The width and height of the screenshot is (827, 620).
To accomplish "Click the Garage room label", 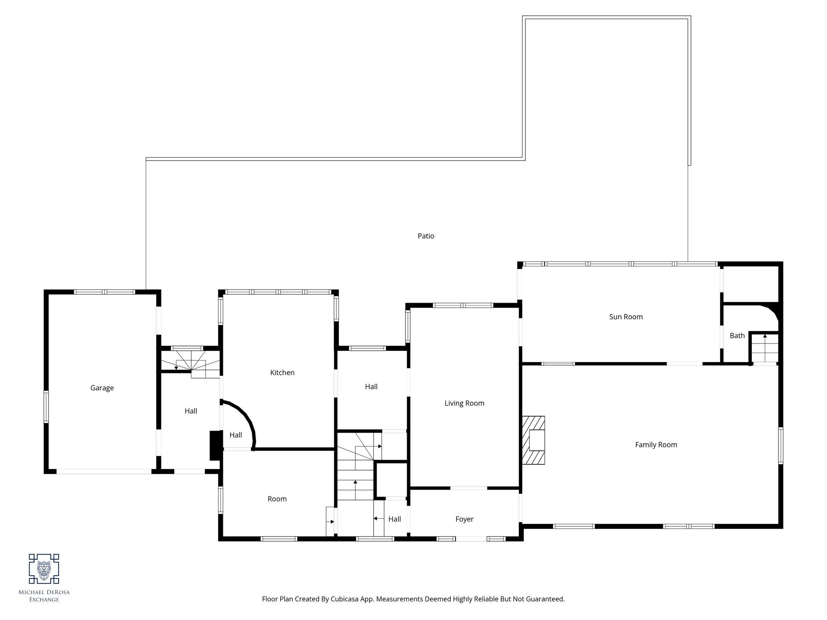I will coord(102,388).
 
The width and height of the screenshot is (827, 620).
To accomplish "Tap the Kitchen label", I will coord(282,373).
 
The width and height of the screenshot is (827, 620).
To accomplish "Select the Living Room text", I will coord(464,403).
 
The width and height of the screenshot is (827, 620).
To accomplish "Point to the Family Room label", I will coord(656,445).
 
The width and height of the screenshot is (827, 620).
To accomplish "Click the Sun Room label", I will coord(626,317).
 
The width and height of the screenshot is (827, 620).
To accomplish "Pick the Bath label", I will coord(737,335).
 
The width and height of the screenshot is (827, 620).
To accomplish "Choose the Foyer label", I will coord(464,519).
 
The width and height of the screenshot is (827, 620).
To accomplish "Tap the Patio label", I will coord(426,236).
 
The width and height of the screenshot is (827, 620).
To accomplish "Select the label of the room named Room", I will coord(277,499).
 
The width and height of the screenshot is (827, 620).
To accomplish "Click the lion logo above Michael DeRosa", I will coord(44,569).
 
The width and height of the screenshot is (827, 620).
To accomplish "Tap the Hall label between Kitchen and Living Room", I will coord(371,387).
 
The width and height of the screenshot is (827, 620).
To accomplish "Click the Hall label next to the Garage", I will coord(191,411).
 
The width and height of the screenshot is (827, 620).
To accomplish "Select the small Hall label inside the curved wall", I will coord(235,435).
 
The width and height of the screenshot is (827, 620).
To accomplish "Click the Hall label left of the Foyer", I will coord(395,519).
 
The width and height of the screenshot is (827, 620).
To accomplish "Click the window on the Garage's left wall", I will coord(46,406).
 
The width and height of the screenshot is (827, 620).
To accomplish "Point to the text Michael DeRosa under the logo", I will coord(44,593).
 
